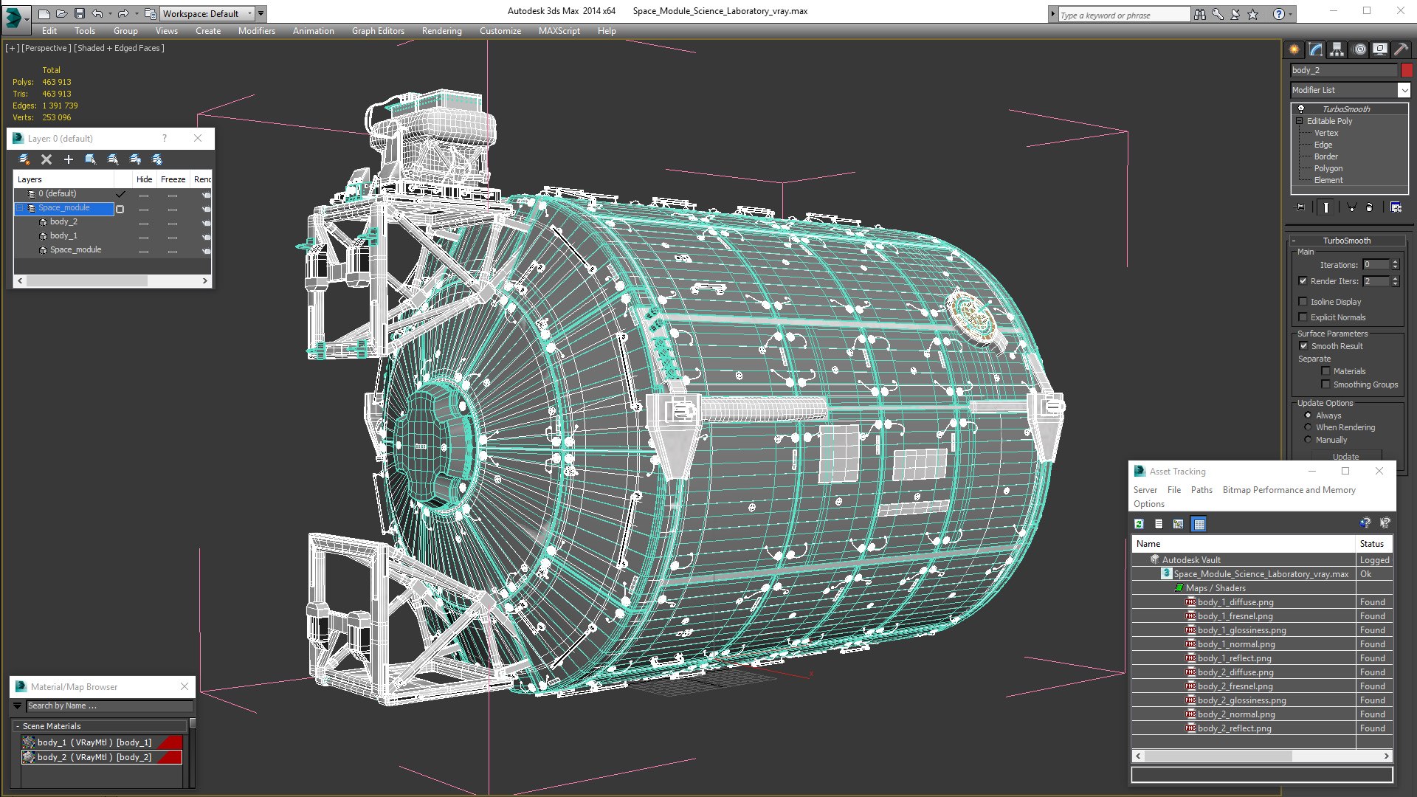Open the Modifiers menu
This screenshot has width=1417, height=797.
(256, 31)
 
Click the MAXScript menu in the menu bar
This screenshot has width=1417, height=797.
(559, 31)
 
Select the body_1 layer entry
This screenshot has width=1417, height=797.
(63, 235)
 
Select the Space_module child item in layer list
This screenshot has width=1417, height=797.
(75, 249)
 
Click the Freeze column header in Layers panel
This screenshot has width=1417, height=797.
(173, 179)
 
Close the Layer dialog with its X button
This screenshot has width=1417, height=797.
(198, 138)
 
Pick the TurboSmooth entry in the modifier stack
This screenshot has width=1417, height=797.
(1345, 109)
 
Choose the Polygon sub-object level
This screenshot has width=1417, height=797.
(1328, 168)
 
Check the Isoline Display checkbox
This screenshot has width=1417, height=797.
(1303, 302)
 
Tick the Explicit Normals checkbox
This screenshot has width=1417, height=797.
(1303, 317)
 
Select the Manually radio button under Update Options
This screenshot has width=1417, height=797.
(1308, 440)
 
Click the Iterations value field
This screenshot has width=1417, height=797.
(1375, 265)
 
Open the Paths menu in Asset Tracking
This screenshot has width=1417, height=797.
(1201, 490)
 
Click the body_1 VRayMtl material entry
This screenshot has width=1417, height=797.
(94, 742)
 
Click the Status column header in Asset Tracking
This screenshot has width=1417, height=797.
(1371, 544)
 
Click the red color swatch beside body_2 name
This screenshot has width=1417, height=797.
(1407, 70)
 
